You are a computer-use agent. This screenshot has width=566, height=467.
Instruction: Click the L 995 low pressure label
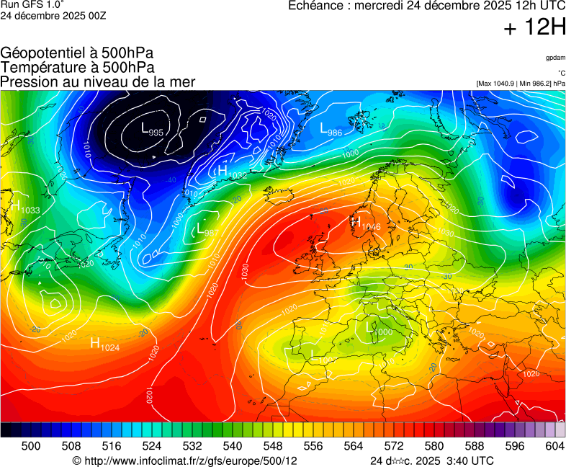152,130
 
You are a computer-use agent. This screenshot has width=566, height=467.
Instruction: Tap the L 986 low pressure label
331,130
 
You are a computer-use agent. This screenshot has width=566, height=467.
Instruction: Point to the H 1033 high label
25,208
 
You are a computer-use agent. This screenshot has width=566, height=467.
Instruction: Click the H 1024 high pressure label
104,344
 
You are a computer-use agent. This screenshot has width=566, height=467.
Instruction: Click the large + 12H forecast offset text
535,28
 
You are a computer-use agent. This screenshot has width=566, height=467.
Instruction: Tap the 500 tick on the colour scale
30,446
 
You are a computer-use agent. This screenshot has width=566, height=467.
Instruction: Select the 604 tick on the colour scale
554,446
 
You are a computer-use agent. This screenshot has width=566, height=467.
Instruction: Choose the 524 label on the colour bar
151,446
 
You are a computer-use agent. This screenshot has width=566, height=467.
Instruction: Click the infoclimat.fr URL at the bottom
185,461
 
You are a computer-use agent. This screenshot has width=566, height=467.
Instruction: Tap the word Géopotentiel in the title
43,53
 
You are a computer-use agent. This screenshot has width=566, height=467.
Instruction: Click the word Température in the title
42,67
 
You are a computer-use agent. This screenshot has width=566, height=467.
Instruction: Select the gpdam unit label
555,57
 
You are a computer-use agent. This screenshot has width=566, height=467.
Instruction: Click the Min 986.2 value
536,84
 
